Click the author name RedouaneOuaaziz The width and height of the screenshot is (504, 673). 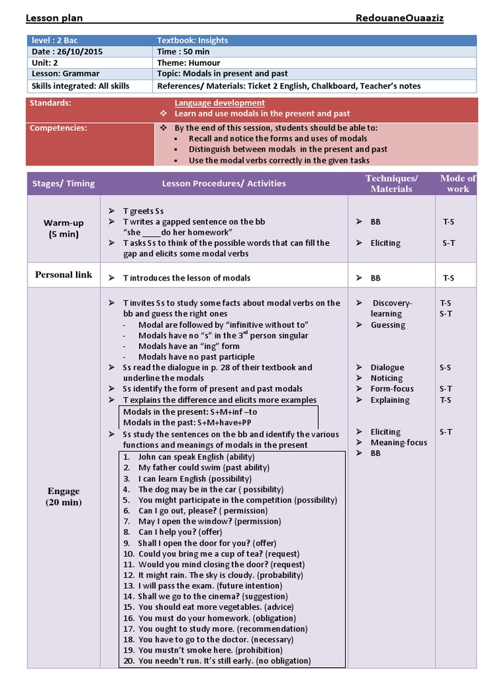(x=399, y=18)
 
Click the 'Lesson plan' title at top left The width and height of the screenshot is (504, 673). (x=54, y=18)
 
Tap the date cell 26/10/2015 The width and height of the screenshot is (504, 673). (x=68, y=51)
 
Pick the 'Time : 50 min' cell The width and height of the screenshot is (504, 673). (x=184, y=51)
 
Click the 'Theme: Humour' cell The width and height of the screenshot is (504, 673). (x=188, y=62)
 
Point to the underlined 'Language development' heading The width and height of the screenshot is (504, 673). (x=220, y=103)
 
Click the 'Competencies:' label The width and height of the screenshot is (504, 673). (x=58, y=128)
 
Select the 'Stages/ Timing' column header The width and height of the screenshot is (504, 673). (x=64, y=183)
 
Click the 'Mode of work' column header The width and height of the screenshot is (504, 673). (x=457, y=183)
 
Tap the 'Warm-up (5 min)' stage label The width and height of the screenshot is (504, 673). (x=64, y=228)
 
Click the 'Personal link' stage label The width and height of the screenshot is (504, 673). (x=64, y=275)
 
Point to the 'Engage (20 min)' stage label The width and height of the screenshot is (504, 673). (x=64, y=497)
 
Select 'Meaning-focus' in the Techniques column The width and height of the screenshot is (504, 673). (x=398, y=442)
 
